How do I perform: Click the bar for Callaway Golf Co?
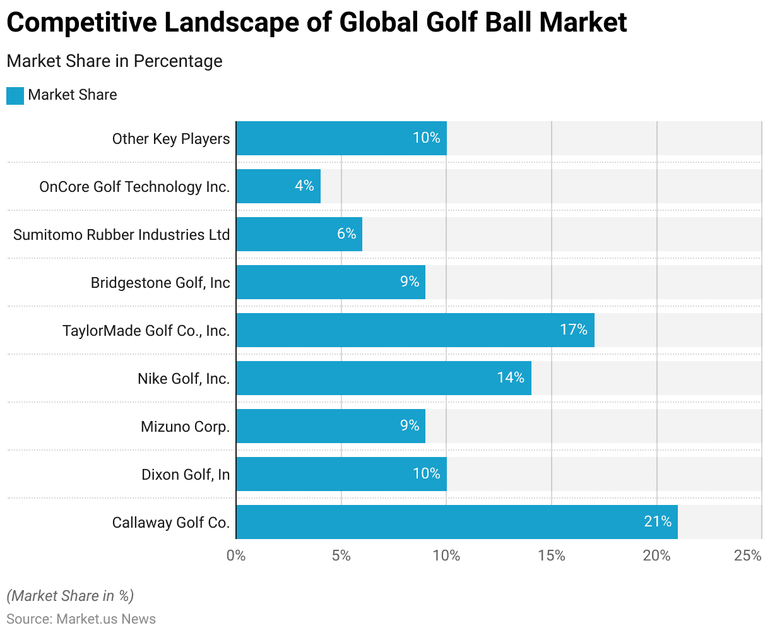pos(456,522)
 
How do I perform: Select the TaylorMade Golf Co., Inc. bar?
pos(415,330)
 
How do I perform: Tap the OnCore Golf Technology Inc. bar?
pos(278,186)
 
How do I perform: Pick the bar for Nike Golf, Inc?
pos(383,378)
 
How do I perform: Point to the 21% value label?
pos(658,521)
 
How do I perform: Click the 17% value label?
pos(574,329)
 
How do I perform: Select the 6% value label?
pos(346,234)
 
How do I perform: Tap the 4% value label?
pos(304,186)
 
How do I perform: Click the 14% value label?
pos(511,377)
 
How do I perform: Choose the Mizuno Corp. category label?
pos(185,427)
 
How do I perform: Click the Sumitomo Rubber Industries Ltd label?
pos(121,235)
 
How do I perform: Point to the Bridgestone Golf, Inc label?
pos(160,283)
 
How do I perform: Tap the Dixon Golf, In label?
pos(186,475)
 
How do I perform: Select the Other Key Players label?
pos(171,139)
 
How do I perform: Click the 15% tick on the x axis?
pos(552,555)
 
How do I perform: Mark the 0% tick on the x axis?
pos(236,555)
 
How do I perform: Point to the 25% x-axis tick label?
pos(748,555)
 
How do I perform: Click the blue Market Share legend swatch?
pos(15,96)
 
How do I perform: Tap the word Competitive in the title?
pos(80,23)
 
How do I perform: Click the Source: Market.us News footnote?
pos(81,619)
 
